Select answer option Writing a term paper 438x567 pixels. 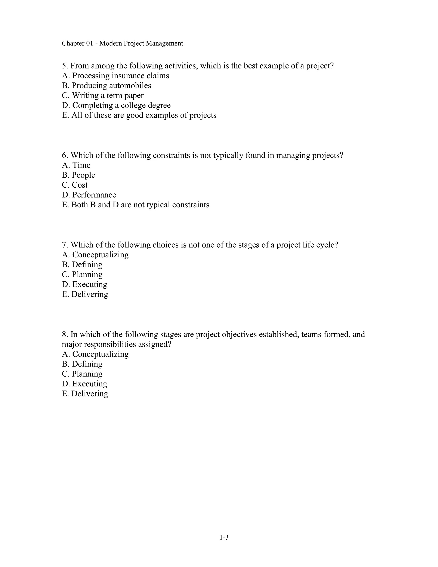103,96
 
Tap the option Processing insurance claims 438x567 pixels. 115,76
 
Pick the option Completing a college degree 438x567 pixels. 116,105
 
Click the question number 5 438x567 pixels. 65,66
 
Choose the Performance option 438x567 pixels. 89,195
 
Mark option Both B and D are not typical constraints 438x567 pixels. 135,205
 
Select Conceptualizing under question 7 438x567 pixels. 95,255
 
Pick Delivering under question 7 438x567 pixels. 85,294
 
